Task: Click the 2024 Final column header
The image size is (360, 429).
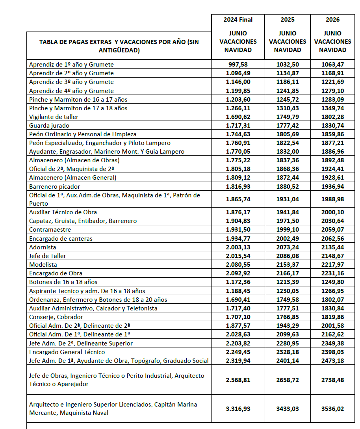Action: tap(238, 20)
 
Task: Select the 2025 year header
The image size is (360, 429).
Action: tap(288, 20)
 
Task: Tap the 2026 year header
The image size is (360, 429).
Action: tap(333, 20)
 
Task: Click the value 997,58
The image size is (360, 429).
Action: tap(238, 65)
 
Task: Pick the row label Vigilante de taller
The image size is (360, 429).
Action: tap(54, 117)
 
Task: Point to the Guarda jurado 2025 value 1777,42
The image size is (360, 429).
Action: tap(288, 125)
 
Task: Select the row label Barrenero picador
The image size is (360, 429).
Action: tap(55, 186)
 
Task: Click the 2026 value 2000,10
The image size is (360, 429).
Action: tap(333, 212)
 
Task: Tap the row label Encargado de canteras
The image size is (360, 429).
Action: tap(61, 238)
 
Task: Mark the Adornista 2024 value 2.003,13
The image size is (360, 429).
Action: tap(238, 247)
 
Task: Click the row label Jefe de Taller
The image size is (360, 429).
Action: tap(48, 256)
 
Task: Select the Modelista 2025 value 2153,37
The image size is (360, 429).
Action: tap(288, 264)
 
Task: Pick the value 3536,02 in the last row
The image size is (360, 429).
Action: tap(333, 409)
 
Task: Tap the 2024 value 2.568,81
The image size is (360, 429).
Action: tap(238, 380)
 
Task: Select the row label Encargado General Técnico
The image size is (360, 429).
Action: tap(67, 352)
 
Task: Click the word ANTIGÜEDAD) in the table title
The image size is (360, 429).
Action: tap(119, 50)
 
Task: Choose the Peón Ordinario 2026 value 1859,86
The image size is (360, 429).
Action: tap(333, 134)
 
